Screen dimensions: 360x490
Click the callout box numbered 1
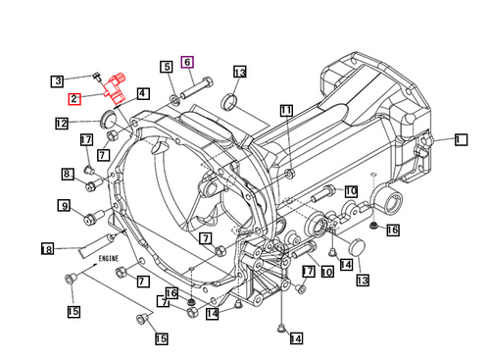click(458, 139)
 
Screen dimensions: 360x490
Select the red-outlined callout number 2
click(74, 98)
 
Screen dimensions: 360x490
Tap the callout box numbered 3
click(58, 80)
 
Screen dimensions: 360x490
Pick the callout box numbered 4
click(143, 94)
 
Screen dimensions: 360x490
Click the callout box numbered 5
click(167, 67)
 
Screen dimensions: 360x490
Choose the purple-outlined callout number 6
click(187, 62)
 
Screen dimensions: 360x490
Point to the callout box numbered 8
click(68, 174)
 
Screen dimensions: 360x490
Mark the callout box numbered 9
click(64, 205)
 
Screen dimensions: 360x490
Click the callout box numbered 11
click(285, 111)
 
